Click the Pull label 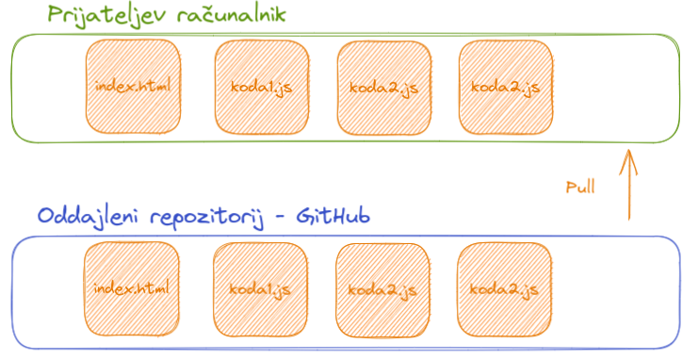[x=581, y=188]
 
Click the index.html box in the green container [x=133, y=88]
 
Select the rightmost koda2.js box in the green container [x=505, y=88]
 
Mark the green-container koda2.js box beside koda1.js [x=383, y=88]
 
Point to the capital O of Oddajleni [x=44, y=217]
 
